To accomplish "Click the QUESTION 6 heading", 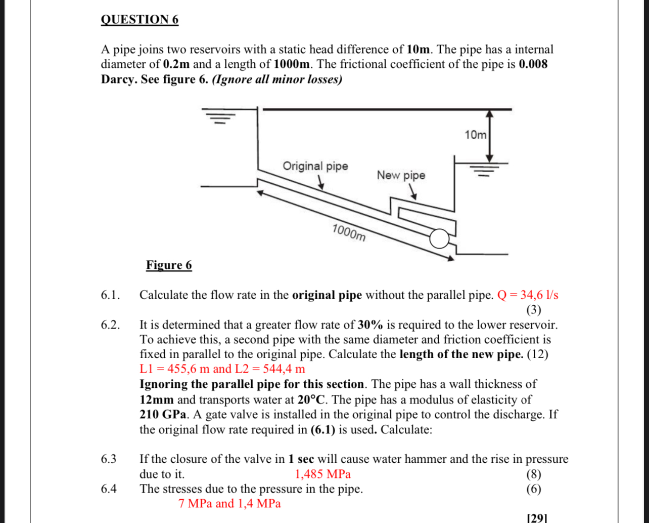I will tap(140, 20).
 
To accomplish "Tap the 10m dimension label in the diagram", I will tap(475, 135).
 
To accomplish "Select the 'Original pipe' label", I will tap(315, 166).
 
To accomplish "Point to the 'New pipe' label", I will tap(401, 175).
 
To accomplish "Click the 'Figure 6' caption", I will tap(169, 265).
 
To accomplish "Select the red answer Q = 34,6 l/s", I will tap(528, 295).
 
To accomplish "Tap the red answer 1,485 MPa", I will tap(322, 474).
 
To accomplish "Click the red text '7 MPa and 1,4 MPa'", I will tap(229, 504).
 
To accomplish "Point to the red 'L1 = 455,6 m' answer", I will tap(175, 369).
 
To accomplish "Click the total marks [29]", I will tap(537, 518).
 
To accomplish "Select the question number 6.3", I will tap(109, 459).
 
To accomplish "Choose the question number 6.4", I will tap(109, 489).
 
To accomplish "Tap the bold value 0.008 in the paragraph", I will tap(533, 64).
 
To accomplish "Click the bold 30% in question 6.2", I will tap(370, 325).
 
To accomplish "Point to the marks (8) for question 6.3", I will tap(533, 474).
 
